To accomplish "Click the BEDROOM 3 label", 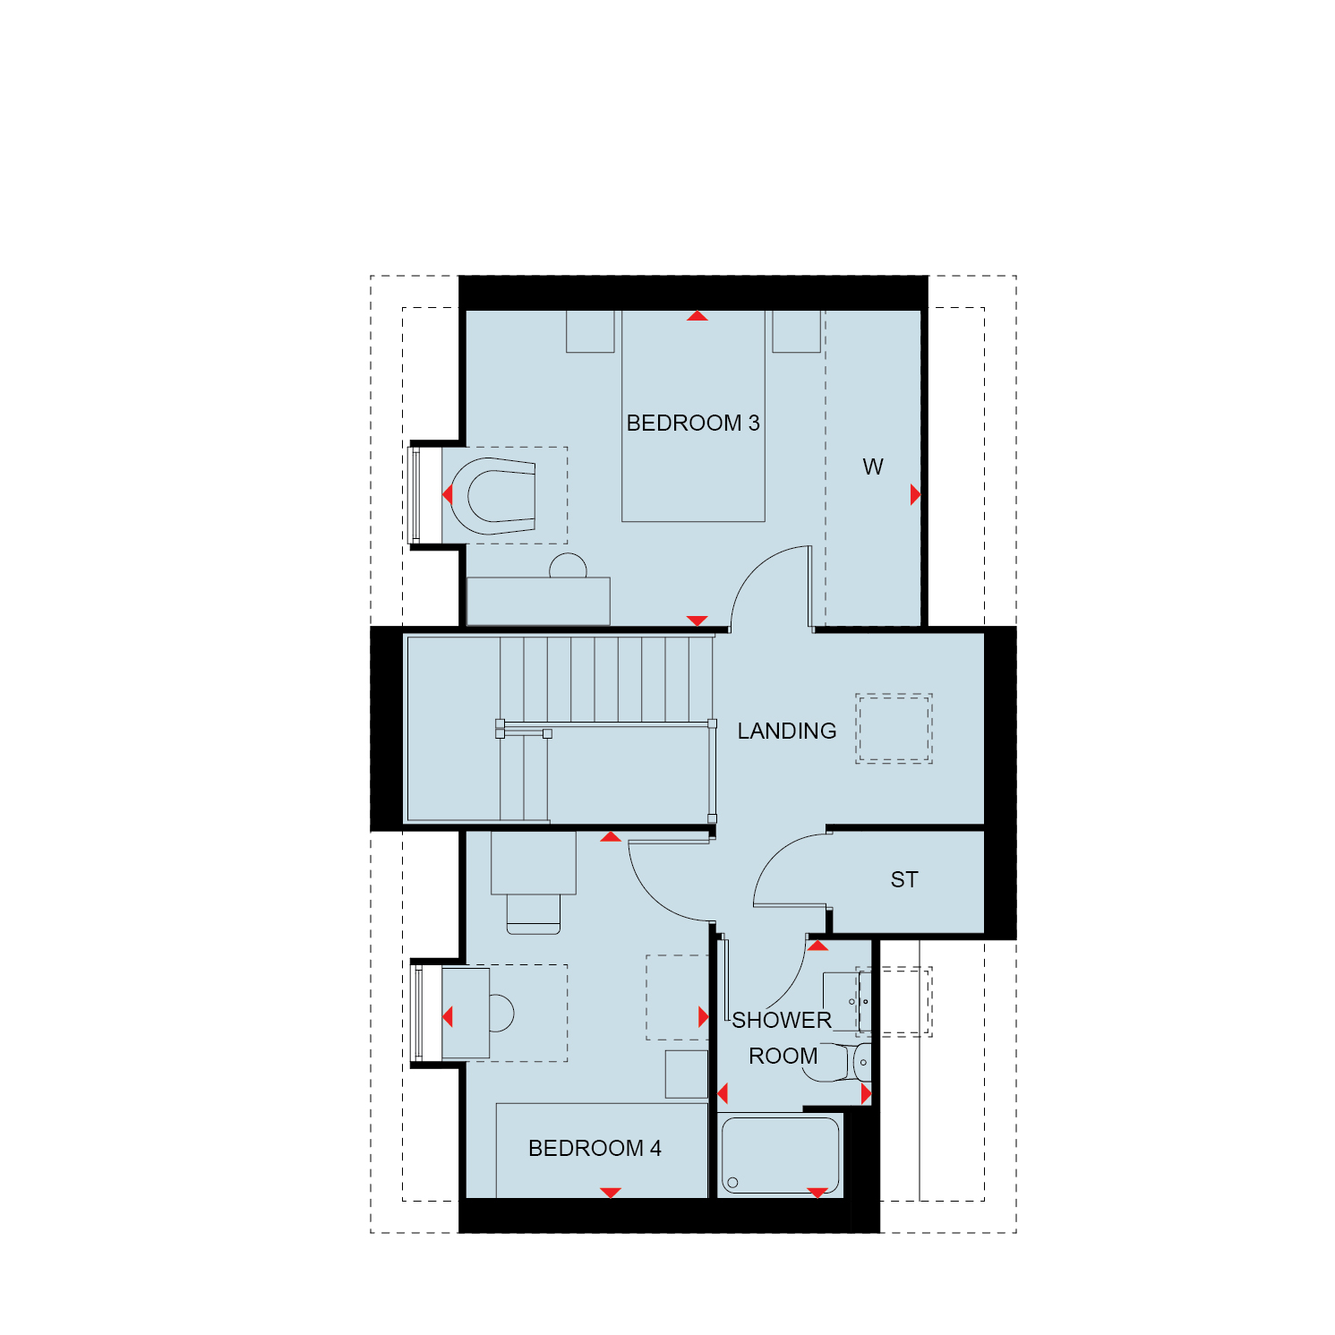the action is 693,423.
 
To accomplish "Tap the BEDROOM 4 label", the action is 595,1148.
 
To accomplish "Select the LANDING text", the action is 787,731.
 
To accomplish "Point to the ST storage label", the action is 904,879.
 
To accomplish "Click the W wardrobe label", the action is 873,466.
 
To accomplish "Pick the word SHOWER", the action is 782,1020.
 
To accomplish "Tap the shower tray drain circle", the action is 732,1183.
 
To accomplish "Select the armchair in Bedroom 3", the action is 492,496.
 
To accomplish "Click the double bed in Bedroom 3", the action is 694,416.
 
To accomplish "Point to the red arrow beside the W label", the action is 915,494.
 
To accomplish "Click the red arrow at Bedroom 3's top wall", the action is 697,315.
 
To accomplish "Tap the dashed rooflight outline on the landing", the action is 894,728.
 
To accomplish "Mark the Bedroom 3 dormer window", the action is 415,494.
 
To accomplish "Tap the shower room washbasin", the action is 846,1001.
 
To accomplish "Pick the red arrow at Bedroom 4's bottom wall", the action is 611,1193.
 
